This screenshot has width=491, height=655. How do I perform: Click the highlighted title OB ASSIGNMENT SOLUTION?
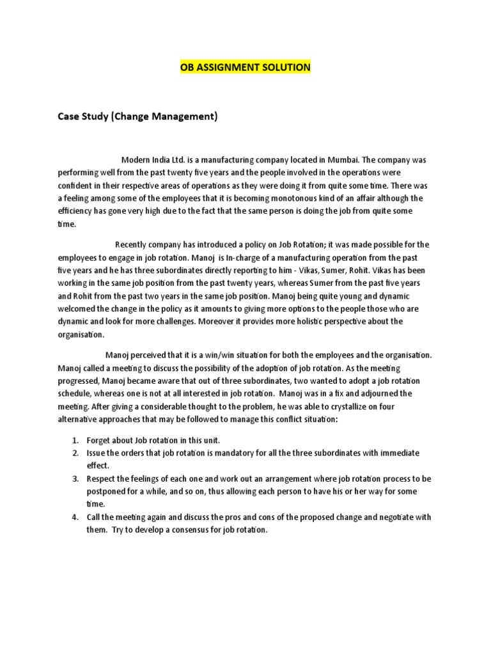coord(245,67)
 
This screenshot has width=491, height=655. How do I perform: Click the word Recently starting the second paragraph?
coord(133,244)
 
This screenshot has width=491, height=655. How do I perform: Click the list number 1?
coord(74,440)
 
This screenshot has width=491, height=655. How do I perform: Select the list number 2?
coord(74,453)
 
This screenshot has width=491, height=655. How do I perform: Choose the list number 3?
coord(74,478)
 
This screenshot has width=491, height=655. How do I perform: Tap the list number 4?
coord(74,517)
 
